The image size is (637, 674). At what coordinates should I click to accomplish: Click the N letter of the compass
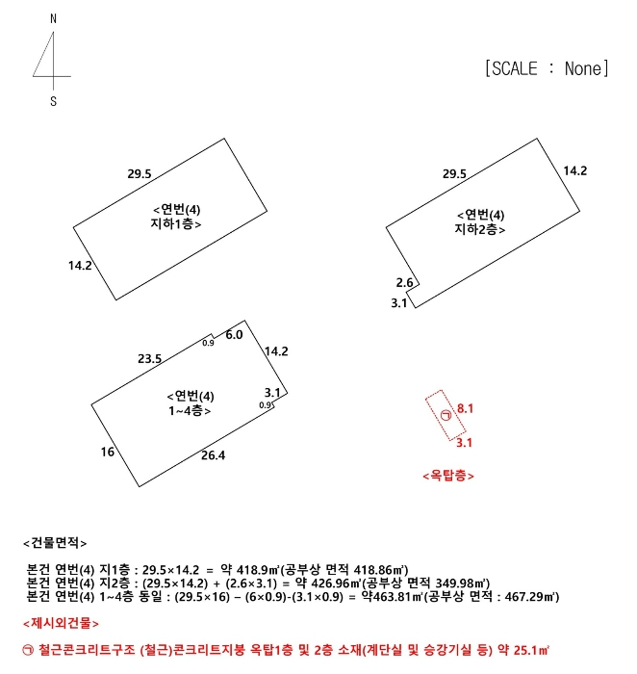click(53, 18)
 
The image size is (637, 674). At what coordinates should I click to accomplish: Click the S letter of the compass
click(53, 101)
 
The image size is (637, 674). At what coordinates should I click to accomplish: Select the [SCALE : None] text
click(548, 68)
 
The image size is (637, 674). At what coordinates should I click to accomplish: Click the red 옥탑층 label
click(448, 476)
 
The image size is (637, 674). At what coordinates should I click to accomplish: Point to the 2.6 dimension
click(405, 282)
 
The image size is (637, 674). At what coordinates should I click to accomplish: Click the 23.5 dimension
click(149, 359)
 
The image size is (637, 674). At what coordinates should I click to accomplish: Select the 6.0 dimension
click(234, 334)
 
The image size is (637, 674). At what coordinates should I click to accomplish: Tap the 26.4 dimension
click(213, 455)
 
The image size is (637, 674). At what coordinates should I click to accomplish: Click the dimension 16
click(107, 452)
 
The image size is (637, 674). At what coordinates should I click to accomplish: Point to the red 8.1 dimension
click(465, 409)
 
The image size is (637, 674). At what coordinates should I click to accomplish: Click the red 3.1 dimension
click(464, 443)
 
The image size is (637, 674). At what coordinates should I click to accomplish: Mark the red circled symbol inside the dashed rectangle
click(446, 415)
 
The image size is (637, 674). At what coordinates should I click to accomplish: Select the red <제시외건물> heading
click(61, 624)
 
